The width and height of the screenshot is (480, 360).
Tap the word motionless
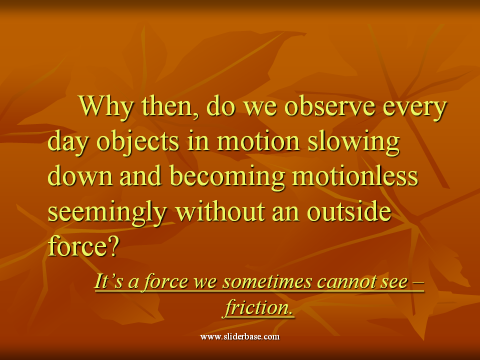[355, 175]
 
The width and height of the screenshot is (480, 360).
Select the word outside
[349, 211]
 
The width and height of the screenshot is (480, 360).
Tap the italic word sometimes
[267, 281]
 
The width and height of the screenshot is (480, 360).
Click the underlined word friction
[257, 307]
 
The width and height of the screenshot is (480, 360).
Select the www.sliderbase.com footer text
[240, 336]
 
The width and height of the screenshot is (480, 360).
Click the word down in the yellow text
[80, 175]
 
